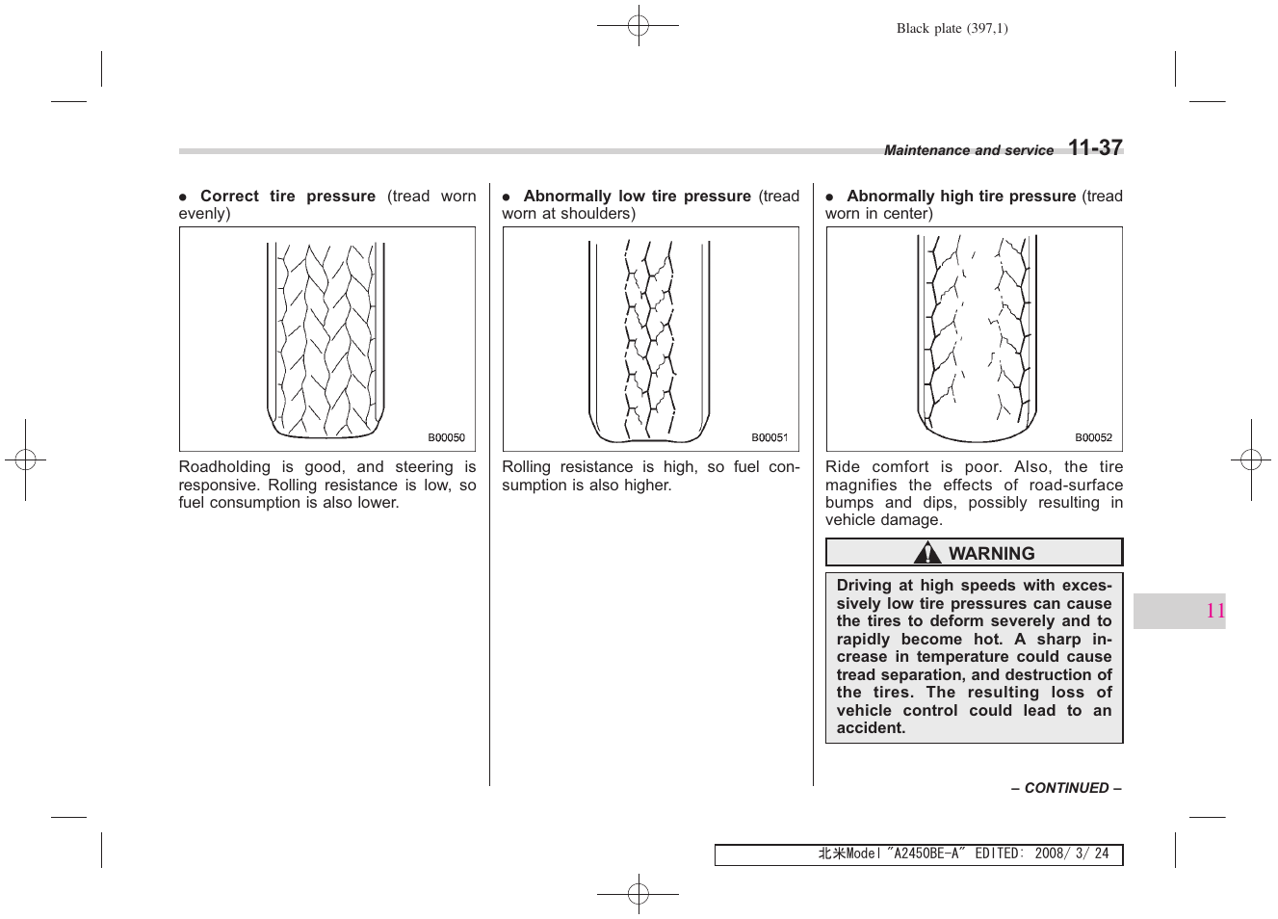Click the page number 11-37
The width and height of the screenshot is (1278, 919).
[x=1095, y=147]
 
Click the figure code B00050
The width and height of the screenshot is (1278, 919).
[x=446, y=437]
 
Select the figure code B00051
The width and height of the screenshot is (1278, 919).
[x=769, y=437]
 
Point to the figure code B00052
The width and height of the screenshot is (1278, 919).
[x=1093, y=437]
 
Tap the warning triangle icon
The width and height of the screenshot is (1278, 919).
[x=927, y=553]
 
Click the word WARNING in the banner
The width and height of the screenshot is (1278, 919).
[x=991, y=554]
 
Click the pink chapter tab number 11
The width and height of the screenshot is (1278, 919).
[x=1214, y=611]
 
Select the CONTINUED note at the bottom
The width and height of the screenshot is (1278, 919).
[x=1066, y=788]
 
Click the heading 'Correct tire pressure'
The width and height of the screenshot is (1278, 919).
[x=287, y=197]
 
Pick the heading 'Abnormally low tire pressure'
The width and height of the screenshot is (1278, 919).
[x=637, y=197]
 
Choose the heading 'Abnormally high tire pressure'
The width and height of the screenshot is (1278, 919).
[x=960, y=197]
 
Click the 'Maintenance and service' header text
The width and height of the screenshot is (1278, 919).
[x=968, y=150]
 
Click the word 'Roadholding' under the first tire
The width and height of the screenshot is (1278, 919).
[x=224, y=467]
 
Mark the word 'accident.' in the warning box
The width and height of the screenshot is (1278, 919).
[x=871, y=728]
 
